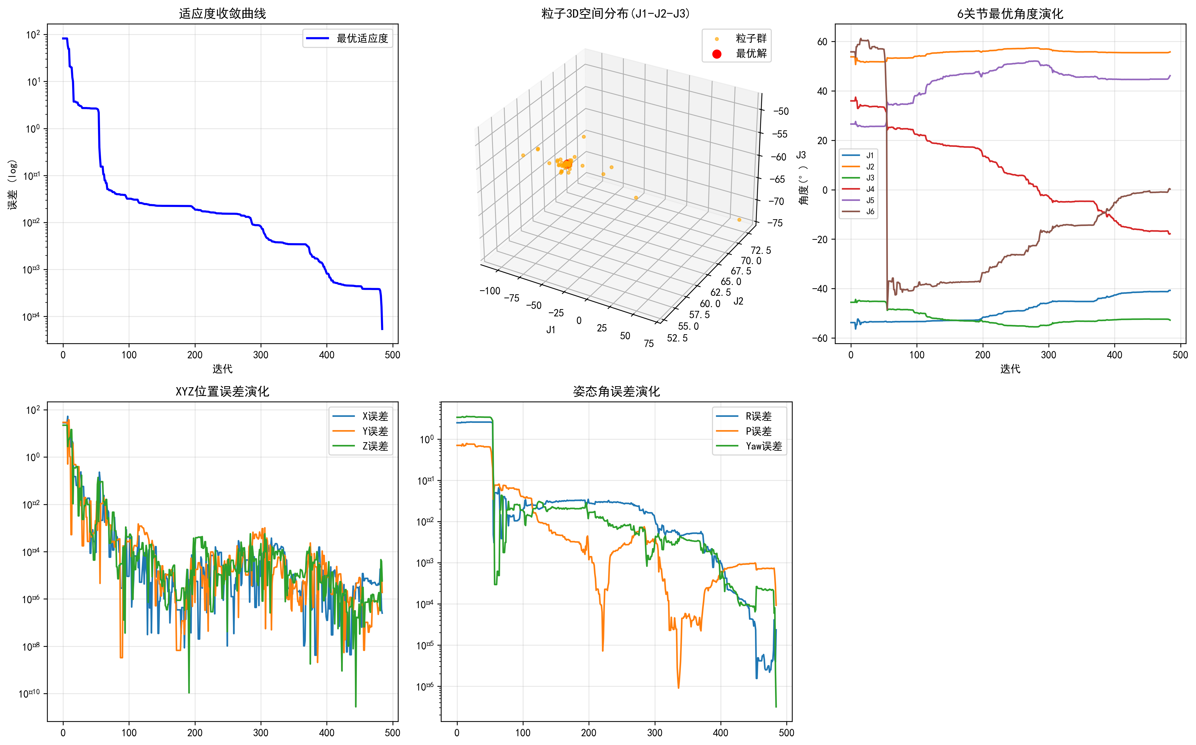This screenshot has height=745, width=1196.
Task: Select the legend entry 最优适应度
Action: [x=362, y=38]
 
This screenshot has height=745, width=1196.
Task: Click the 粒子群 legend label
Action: [x=751, y=38]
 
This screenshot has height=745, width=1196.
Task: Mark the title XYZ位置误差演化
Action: [x=222, y=392]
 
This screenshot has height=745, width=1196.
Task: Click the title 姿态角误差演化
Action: [x=616, y=392]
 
